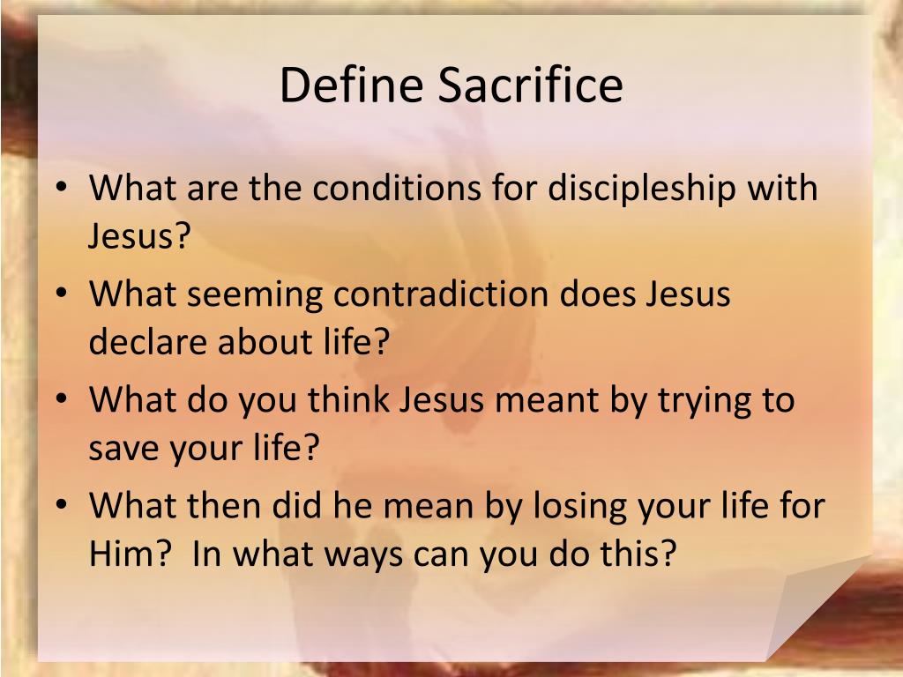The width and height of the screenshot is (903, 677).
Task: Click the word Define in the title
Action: [x=351, y=86]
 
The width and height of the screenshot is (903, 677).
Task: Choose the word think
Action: [x=348, y=399]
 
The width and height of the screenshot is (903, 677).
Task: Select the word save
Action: [x=123, y=449]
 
